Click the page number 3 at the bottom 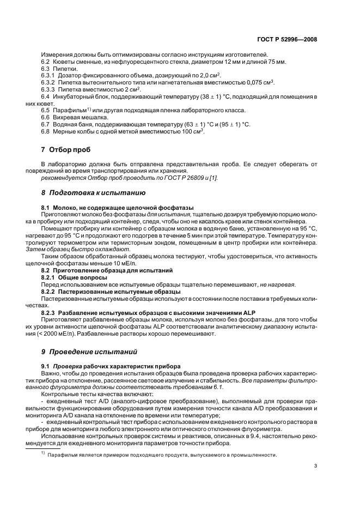(x=315, y=465)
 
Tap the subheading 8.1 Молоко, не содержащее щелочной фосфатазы (x=118, y=209)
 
